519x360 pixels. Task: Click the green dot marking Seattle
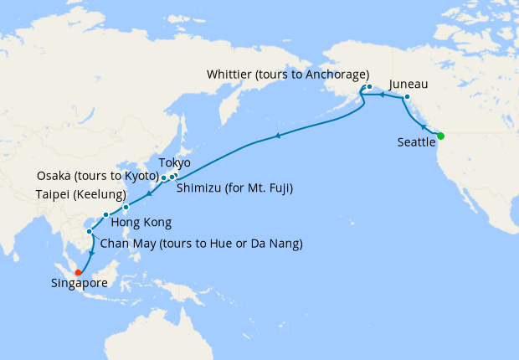440,136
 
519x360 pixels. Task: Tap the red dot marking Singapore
77,271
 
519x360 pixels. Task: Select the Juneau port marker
407,98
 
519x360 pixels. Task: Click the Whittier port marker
369,86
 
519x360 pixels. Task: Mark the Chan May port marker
89,231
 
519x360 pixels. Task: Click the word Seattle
417,143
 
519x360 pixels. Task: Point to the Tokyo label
174,162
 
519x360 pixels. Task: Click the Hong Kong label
142,223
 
